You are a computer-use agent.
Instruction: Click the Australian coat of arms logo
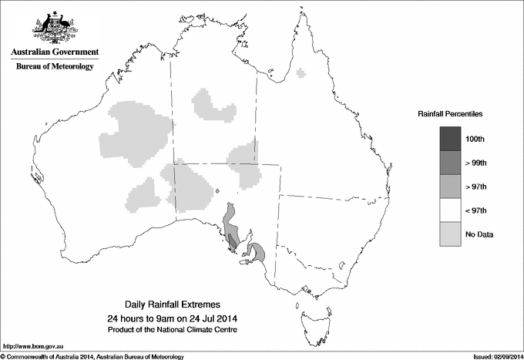[x=55, y=26]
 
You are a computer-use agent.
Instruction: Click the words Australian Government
[x=55, y=52]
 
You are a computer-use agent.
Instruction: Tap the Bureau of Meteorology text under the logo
[x=55, y=66]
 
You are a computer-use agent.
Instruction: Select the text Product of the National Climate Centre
[x=177, y=330]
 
